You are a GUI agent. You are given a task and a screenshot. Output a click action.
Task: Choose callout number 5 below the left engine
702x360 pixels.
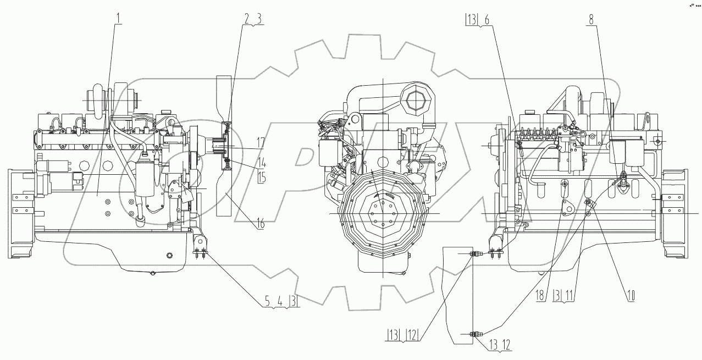coord(267,301)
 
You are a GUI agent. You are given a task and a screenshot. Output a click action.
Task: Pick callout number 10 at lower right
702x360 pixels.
coord(629,295)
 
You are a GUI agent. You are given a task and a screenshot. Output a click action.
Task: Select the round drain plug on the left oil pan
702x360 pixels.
coord(169,255)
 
